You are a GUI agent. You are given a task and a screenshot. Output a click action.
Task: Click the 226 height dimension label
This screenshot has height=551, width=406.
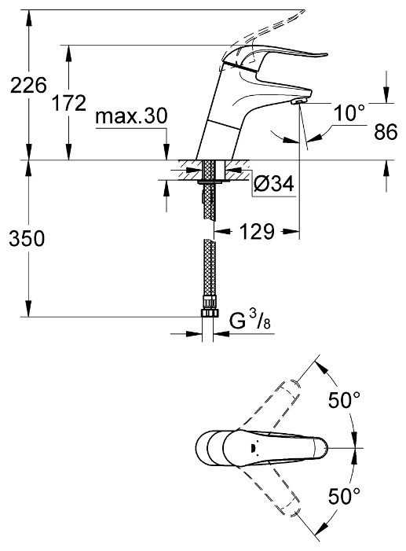click(28, 85)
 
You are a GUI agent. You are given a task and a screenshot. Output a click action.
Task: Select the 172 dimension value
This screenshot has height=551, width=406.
click(69, 103)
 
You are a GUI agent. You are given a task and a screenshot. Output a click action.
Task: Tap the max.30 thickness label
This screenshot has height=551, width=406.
click(131, 116)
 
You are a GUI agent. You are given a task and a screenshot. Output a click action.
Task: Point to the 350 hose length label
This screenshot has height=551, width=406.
click(27, 239)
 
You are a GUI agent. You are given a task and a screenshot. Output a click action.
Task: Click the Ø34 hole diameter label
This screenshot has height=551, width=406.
click(273, 183)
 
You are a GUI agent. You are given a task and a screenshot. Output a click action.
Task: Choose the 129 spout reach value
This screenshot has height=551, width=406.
click(257, 232)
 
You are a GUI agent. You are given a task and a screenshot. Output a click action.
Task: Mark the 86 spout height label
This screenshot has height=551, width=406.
click(386, 132)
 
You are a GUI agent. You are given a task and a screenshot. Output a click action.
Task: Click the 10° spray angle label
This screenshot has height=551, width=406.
click(349, 113)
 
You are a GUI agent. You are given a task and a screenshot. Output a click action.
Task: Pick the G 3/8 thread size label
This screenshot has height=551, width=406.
click(250, 321)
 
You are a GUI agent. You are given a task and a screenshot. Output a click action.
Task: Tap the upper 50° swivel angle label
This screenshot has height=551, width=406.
click(344, 400)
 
